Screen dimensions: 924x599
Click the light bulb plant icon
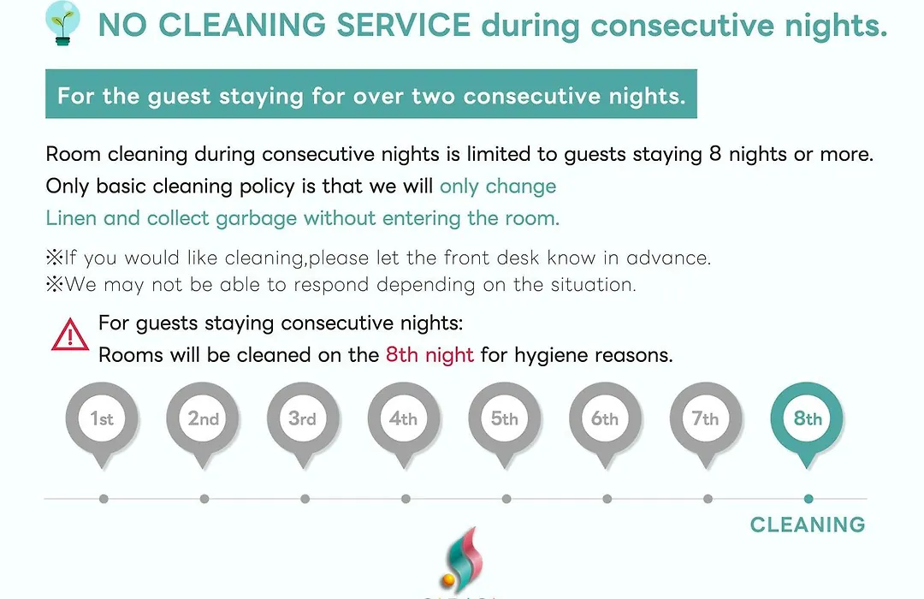tap(62, 23)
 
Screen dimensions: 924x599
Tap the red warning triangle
tap(69, 335)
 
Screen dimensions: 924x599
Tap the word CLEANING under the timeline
tap(808, 525)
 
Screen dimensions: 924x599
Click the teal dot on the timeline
tap(808, 499)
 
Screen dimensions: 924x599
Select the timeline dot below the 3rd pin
tap(305, 499)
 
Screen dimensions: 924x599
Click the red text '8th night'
tap(429, 355)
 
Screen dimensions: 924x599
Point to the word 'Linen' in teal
tap(68, 218)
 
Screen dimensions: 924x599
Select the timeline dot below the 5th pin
tap(506, 499)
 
